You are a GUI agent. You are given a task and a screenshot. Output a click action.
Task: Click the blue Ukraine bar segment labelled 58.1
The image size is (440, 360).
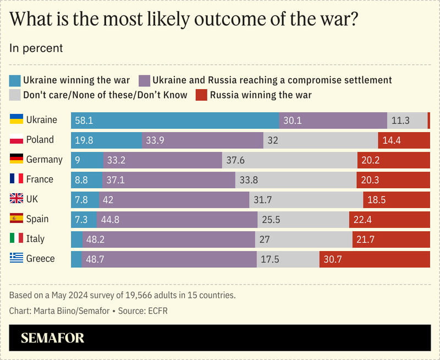pos(175,121)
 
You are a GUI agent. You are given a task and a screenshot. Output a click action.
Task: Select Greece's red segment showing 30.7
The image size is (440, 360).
pos(375,259)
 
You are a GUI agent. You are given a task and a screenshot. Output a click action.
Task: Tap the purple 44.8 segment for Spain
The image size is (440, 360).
pos(177,219)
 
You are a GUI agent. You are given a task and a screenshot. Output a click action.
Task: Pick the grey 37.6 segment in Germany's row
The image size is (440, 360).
pos(289,160)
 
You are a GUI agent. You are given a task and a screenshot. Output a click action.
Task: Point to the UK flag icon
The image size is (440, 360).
pos(16,199)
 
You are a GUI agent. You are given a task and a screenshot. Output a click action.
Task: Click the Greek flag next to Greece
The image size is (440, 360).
pos(16,258)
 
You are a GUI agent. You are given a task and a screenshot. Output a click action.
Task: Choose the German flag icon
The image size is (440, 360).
pos(16,159)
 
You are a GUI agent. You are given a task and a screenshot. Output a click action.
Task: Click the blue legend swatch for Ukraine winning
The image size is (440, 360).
pos(16,80)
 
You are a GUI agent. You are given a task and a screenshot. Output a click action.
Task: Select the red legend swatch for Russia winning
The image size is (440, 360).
pos(201,95)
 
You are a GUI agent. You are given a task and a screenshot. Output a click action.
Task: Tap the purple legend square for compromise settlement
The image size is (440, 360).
pos(145,80)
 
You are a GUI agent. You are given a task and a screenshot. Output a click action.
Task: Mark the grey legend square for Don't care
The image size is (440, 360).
pos(16,95)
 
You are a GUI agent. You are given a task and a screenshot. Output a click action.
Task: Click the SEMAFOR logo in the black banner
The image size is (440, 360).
pos(53,338)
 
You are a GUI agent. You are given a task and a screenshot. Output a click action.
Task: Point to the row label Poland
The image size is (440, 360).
pos(40,139)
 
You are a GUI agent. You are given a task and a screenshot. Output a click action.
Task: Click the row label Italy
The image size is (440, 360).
pos(35,238)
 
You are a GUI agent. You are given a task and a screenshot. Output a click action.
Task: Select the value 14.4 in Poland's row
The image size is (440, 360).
pos(391,140)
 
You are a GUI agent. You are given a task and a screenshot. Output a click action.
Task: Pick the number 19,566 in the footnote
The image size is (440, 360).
pos(117,295)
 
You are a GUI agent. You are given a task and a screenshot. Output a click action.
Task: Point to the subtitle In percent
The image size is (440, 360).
pos(36,48)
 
